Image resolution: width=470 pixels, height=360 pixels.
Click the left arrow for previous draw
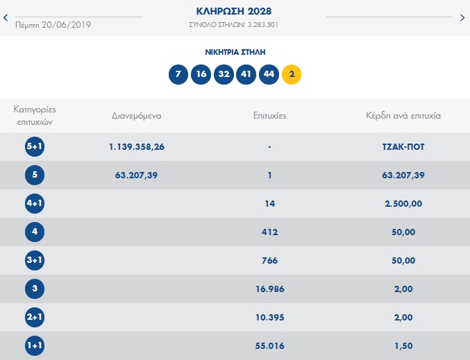coord(6,17)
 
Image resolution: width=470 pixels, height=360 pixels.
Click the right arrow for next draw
coord(462,17)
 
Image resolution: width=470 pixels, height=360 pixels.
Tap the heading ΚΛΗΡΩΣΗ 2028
coord(235,12)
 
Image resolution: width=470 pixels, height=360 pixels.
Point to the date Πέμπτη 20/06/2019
coord(53,25)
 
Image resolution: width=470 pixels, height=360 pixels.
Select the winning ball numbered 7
coord(178,74)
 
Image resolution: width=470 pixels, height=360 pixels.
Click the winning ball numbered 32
coord(224,74)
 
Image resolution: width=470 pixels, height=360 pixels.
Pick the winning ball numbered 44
coord(269,74)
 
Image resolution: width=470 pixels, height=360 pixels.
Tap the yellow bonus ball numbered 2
coord(292,74)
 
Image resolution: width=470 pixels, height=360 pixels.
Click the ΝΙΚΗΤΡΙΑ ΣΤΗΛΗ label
coord(235,52)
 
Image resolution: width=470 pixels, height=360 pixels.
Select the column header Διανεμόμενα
coord(136,116)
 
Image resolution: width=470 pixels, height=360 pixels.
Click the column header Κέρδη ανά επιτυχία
coord(403,116)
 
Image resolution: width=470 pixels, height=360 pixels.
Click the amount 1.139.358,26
coord(137,147)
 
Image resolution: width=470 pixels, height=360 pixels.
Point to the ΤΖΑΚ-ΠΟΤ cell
coord(403,147)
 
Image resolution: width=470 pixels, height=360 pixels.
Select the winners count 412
coord(270,232)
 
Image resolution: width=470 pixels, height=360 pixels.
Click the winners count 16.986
coord(270,289)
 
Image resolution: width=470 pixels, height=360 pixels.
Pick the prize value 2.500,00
coord(403,204)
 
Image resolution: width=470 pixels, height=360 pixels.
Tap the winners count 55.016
coord(270,345)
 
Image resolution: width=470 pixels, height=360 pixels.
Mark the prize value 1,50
coord(403,345)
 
